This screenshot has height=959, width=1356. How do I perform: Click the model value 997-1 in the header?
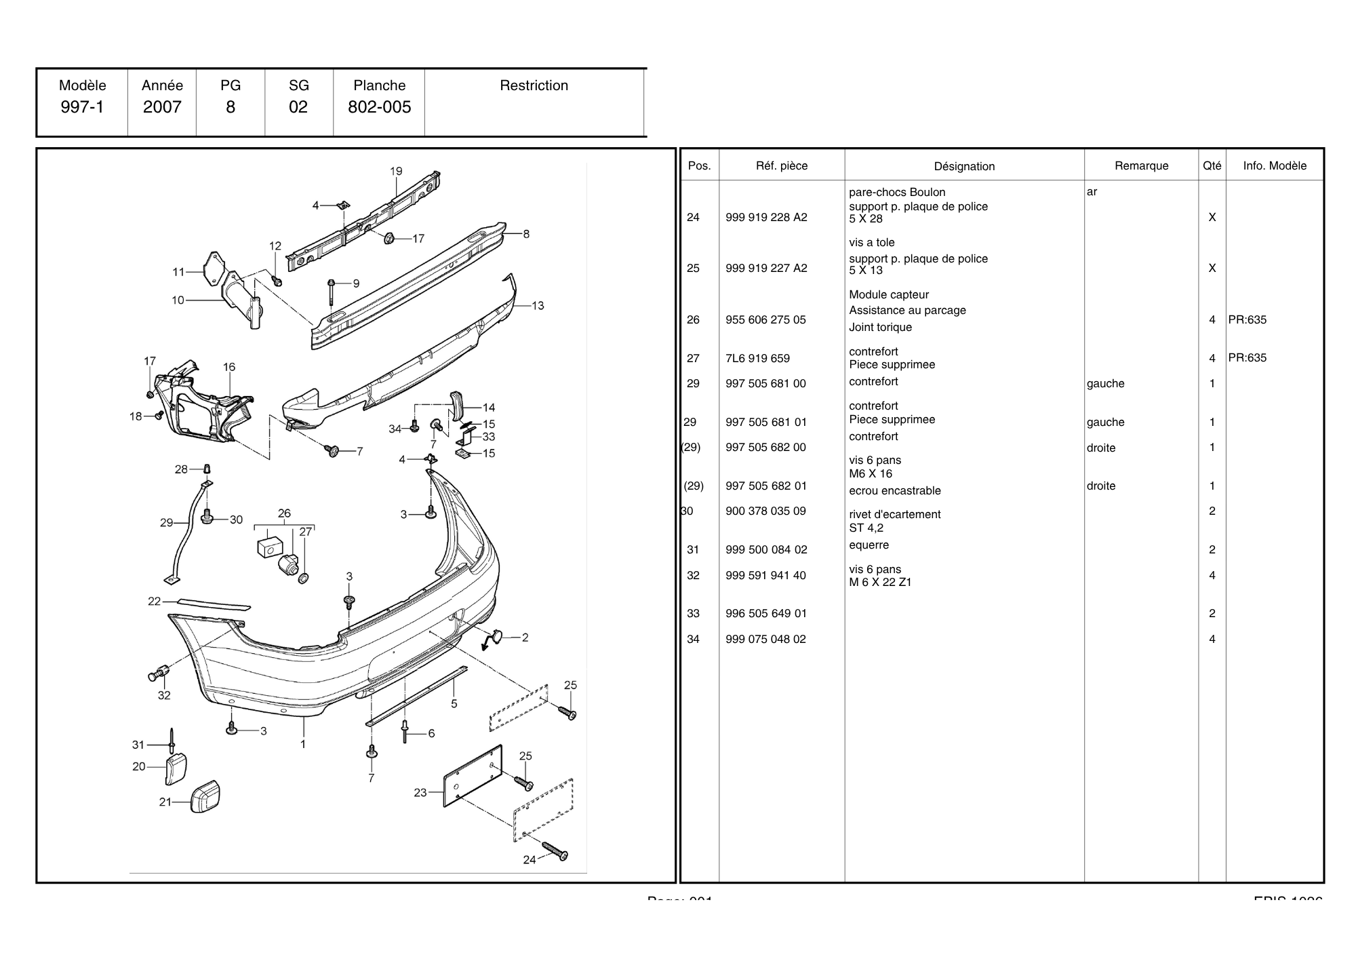click(82, 107)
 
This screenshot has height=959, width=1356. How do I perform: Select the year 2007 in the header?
click(162, 107)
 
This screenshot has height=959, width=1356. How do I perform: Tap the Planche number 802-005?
click(379, 107)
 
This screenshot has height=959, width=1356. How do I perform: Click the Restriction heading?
click(534, 85)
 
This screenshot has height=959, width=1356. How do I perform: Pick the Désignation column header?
click(964, 166)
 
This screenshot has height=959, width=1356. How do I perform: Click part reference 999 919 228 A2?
click(766, 218)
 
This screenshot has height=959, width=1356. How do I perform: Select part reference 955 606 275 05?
click(765, 320)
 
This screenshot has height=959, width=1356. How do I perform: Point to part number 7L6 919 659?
click(757, 358)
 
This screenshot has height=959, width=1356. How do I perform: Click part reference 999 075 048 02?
click(765, 640)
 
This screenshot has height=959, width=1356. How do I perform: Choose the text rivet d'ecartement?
click(894, 515)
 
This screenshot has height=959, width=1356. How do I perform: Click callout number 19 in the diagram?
click(396, 172)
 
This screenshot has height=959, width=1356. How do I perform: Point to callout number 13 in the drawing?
click(538, 306)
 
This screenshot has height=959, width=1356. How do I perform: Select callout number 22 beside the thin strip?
click(155, 602)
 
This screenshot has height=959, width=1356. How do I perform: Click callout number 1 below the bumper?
click(303, 744)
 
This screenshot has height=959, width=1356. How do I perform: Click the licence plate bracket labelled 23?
click(473, 777)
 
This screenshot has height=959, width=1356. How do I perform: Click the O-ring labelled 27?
click(303, 578)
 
